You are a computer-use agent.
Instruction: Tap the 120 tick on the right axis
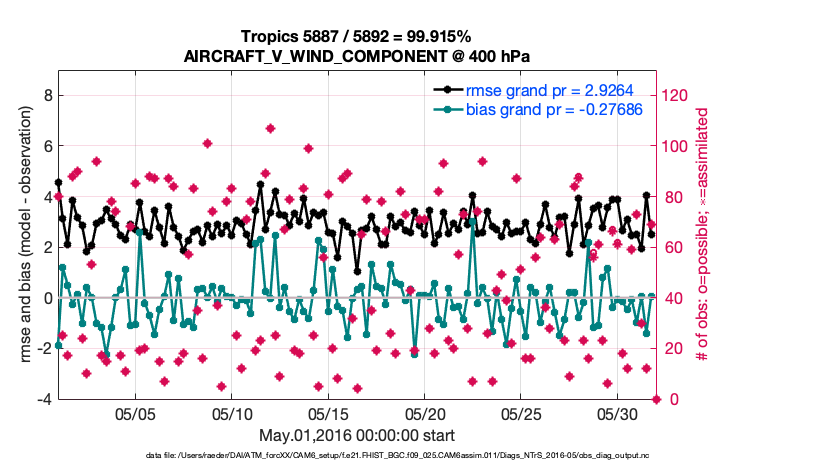coord(677,95)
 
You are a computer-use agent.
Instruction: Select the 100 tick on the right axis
coord(677,146)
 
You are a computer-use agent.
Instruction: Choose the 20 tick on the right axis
coord(673,349)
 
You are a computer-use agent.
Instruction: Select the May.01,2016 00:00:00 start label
coord(356,435)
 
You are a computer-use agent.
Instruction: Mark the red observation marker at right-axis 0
coord(657,399)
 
